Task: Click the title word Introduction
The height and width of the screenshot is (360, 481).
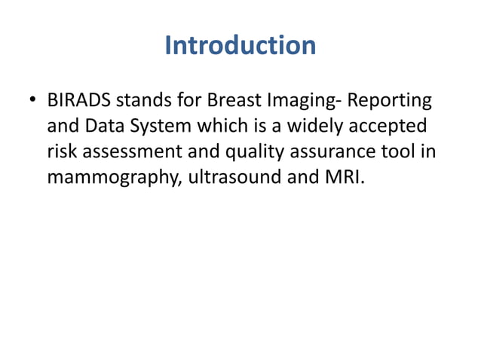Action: (240, 45)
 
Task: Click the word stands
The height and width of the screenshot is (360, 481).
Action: (144, 101)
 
